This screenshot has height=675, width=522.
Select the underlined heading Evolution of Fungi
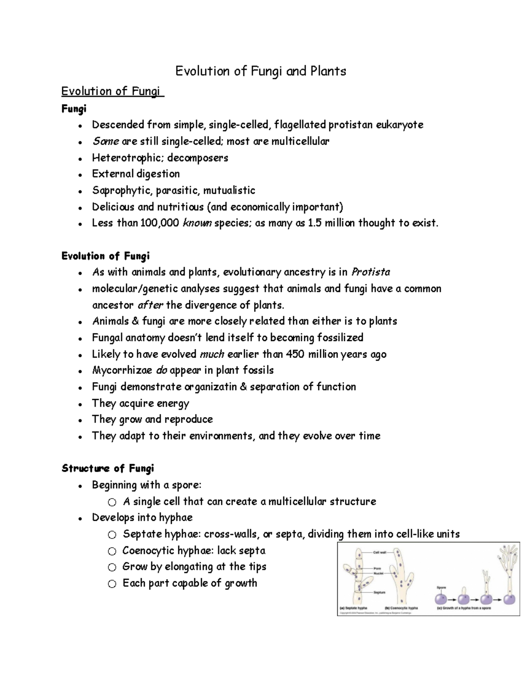point(112,91)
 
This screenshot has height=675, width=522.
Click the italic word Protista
point(371,273)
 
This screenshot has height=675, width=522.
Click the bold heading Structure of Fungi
point(108,469)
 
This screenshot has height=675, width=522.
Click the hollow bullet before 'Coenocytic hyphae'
point(112,551)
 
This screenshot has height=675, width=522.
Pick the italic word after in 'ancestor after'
point(150,305)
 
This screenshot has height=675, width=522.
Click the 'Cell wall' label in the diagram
point(380,552)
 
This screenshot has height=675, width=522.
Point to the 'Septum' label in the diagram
point(380,592)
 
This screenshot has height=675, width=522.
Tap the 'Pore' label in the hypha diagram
point(378,568)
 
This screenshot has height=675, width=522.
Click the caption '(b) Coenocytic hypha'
point(401,608)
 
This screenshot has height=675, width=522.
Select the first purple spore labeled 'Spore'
point(442,599)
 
